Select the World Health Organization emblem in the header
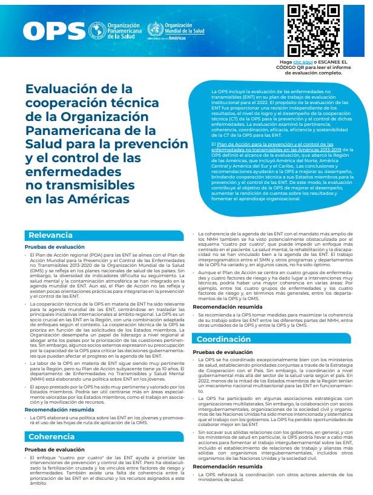(156, 28)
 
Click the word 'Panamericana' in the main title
(73, 130)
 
